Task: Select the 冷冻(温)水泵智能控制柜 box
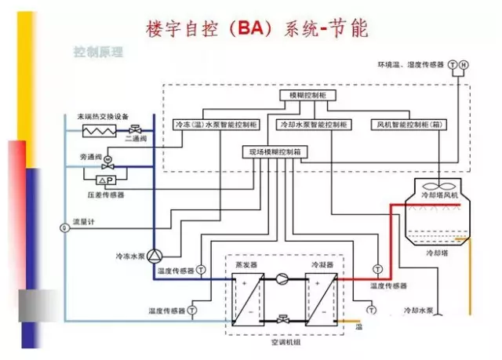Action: coord(215,125)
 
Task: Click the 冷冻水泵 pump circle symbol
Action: coord(155,256)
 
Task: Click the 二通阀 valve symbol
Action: coord(136,129)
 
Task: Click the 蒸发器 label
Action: coord(246,266)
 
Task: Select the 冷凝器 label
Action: coord(322,266)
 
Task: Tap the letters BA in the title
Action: coord(269,29)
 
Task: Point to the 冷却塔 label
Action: coord(436,253)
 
